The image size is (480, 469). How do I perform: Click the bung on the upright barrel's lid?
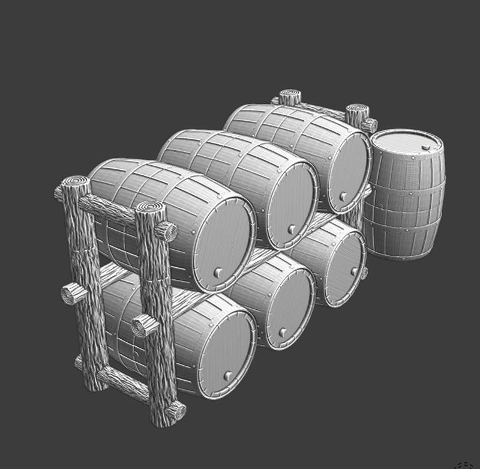(x=425, y=147)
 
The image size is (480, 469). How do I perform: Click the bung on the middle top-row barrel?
(x=291, y=229)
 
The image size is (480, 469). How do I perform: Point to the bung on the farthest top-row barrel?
(x=343, y=196)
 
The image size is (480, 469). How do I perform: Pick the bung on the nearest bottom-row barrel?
(x=228, y=376)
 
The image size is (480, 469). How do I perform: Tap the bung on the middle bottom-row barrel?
(x=283, y=331)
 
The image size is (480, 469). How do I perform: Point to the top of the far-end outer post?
(x=289, y=96)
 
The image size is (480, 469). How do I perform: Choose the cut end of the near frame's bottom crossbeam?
(x=176, y=412)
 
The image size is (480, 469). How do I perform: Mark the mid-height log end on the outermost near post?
(x=73, y=294)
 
